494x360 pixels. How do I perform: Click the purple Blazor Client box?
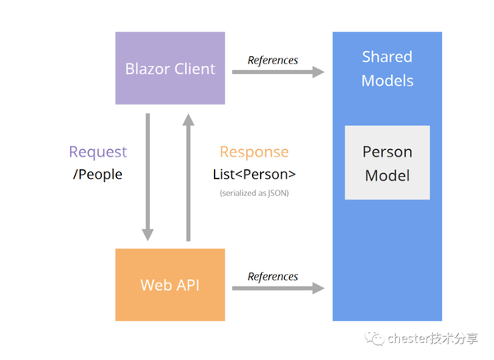[170, 68]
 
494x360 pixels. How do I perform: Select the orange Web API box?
[170, 284]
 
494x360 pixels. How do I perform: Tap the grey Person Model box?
[387, 163]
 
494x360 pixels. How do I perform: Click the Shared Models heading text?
[387, 68]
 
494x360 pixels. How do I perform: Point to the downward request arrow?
[147, 176]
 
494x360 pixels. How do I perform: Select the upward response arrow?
[188, 176]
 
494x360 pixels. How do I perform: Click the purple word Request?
[98, 152]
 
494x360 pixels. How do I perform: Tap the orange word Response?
[254, 152]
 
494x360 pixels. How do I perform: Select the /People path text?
[98, 174]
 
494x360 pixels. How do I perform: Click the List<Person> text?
[254, 174]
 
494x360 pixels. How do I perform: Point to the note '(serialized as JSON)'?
[254, 193]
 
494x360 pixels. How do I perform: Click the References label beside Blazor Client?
[273, 60]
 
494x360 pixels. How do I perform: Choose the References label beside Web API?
[273, 276]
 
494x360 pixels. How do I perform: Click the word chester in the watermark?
[409, 339]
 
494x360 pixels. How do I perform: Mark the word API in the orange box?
[188, 285]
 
